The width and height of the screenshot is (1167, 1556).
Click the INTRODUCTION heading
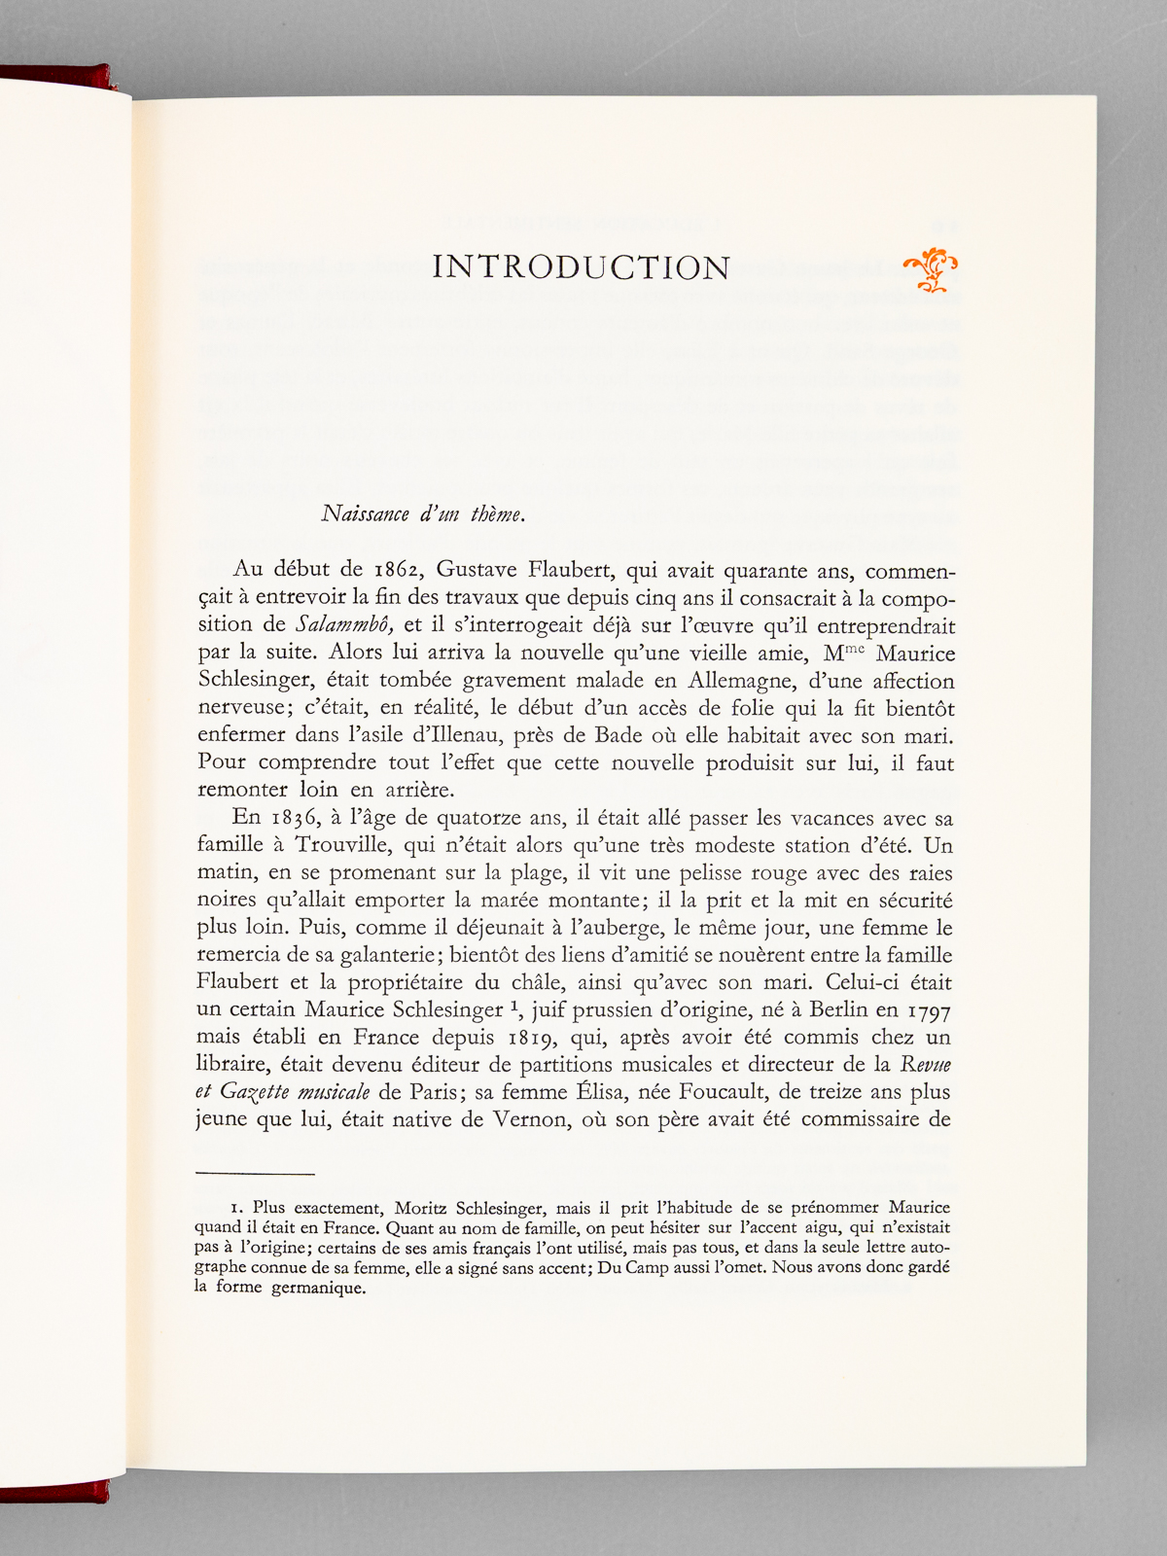(581, 267)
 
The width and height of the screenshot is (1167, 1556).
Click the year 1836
(297, 818)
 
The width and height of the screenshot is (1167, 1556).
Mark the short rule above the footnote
(256, 1174)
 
